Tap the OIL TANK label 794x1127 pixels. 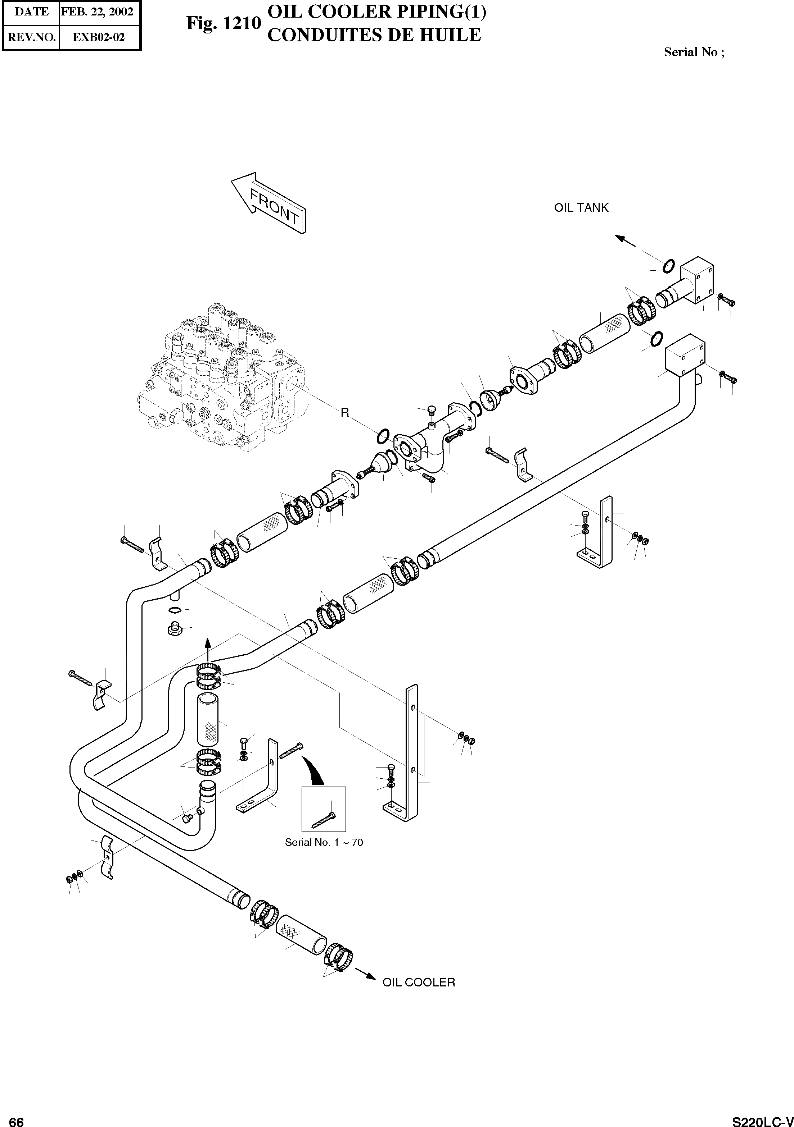coord(581,208)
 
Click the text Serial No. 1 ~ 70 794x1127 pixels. coord(324,842)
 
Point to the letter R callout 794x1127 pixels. coord(344,413)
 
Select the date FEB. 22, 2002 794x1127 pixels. coord(97,12)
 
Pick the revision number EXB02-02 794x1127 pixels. coord(99,37)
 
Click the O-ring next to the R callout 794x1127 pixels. coord(384,435)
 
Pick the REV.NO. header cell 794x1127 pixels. coord(31,37)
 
